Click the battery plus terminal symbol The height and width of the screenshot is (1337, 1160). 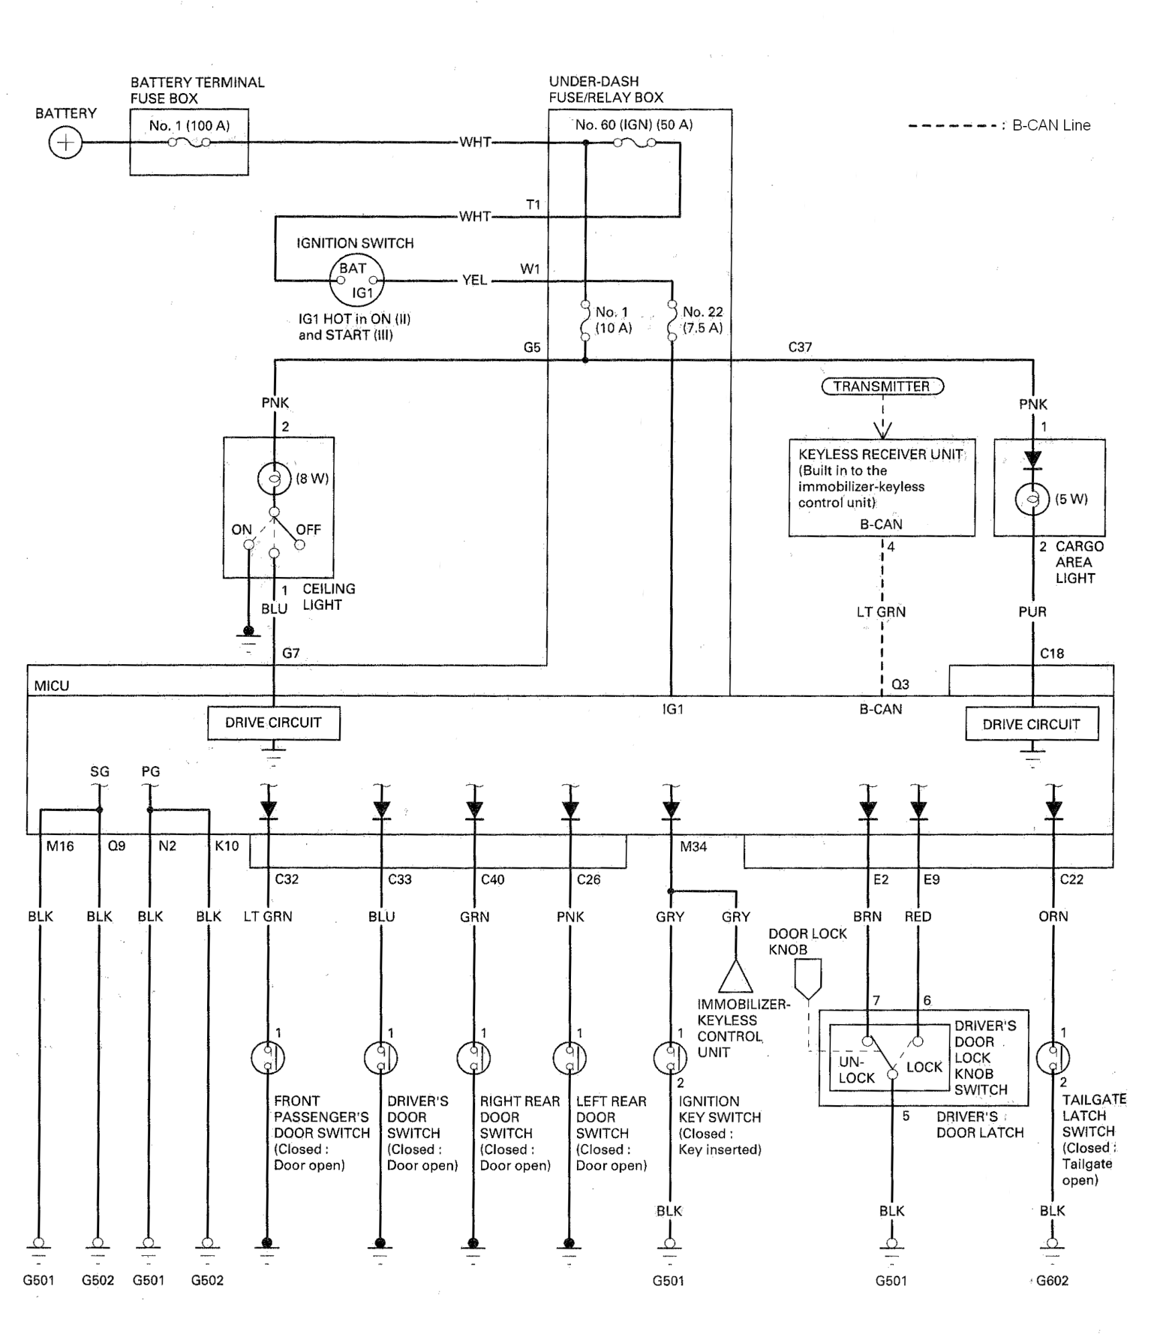click(66, 143)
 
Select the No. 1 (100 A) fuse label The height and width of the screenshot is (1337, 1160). click(189, 125)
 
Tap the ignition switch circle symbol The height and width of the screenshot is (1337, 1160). click(357, 280)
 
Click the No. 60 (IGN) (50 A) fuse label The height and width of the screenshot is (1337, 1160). click(634, 125)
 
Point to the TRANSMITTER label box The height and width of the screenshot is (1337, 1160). click(882, 386)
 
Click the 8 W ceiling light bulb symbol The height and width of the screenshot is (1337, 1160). click(274, 479)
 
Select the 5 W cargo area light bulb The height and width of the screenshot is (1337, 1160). click(1033, 499)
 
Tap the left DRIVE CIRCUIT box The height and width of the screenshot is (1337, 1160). click(273, 723)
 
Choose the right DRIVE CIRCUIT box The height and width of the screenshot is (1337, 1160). click(1031, 724)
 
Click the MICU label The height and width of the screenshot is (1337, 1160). click(52, 686)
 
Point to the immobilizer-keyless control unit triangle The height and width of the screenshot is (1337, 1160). click(736, 976)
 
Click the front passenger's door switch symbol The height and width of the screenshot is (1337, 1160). click(268, 1058)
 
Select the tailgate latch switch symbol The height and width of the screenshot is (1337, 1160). click(1053, 1058)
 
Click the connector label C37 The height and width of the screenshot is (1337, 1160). click(800, 347)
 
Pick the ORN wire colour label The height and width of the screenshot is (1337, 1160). click(1053, 916)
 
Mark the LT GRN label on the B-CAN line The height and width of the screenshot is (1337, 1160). click(881, 612)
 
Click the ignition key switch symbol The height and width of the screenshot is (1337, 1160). click(670, 1058)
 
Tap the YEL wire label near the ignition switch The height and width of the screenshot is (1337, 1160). click(474, 280)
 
